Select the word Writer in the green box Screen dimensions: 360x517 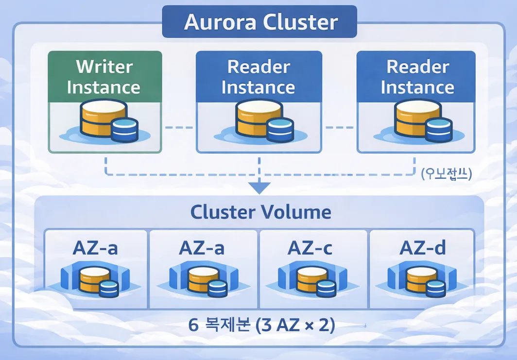tap(104, 67)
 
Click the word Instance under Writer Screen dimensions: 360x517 tap(104, 87)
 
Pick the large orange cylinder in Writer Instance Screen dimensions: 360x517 tap(95, 118)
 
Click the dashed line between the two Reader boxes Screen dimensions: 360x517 tap(339, 127)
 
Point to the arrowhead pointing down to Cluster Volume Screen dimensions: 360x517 tap(259, 187)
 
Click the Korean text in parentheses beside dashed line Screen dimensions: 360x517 tap(447, 174)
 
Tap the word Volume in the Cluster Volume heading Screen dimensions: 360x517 tap(301, 212)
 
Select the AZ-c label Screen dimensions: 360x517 tap(310, 248)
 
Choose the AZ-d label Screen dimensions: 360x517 tap(422, 248)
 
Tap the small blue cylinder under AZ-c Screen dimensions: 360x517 tap(326, 289)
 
